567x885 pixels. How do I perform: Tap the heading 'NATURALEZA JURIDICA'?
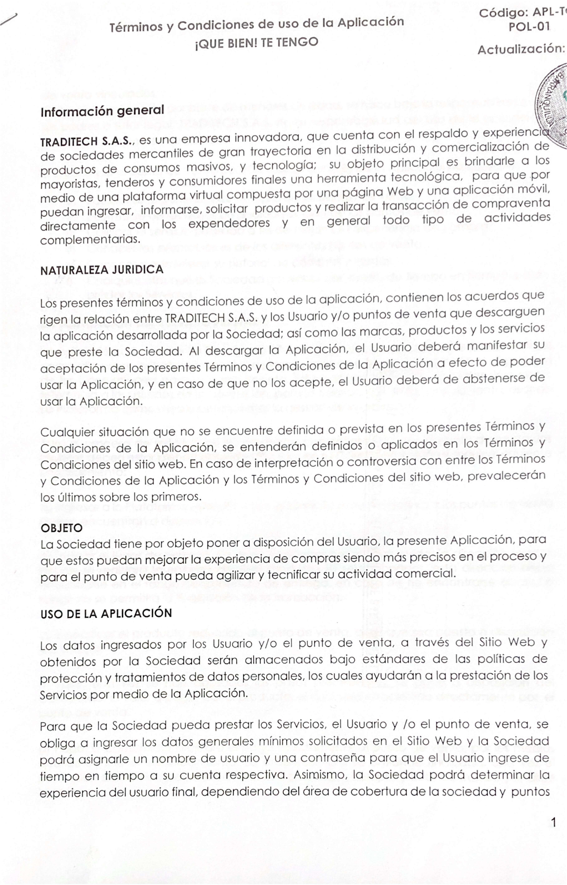(x=102, y=270)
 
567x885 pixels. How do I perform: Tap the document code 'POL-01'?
(x=529, y=27)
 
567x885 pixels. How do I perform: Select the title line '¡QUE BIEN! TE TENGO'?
(x=257, y=43)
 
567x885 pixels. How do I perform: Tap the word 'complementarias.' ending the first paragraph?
(x=90, y=240)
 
